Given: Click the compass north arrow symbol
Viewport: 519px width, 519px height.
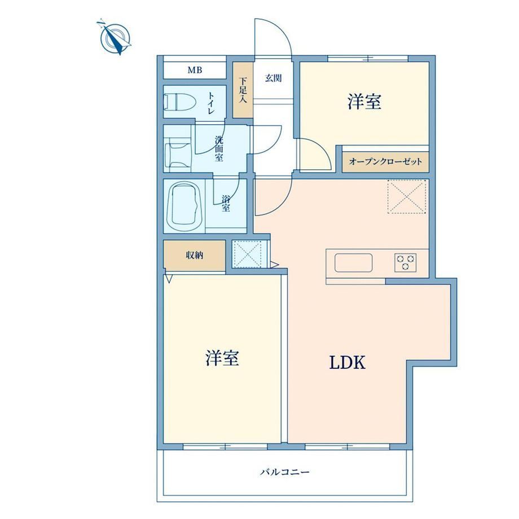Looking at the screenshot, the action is [x=114, y=37].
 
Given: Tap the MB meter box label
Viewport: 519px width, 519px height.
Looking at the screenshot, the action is [x=195, y=70].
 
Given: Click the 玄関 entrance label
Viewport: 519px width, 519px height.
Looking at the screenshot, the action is [x=273, y=78].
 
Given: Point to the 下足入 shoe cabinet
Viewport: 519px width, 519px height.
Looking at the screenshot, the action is [x=243, y=90].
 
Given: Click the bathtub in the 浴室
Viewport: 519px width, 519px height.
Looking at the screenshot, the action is [x=184, y=206].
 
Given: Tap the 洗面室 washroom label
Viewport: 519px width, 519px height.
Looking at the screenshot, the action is [x=219, y=148].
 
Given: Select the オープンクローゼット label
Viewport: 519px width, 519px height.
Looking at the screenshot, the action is [x=386, y=162].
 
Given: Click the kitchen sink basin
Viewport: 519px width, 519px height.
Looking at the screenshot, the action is [x=354, y=263].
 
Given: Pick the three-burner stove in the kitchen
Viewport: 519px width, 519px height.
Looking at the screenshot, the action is [x=406, y=263].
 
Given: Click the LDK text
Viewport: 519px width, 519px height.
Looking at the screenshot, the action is [x=348, y=362].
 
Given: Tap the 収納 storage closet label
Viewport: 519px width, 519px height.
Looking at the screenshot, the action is [x=194, y=256].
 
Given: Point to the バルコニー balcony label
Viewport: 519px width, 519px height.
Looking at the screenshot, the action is [x=285, y=472].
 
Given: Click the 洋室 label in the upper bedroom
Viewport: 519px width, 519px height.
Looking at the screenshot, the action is [x=364, y=102].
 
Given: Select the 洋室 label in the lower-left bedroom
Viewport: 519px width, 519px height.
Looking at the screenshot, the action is [x=222, y=358].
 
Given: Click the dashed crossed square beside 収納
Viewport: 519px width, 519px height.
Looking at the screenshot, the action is [x=248, y=254].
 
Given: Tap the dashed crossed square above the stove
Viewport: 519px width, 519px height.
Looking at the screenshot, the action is [x=407, y=197].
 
